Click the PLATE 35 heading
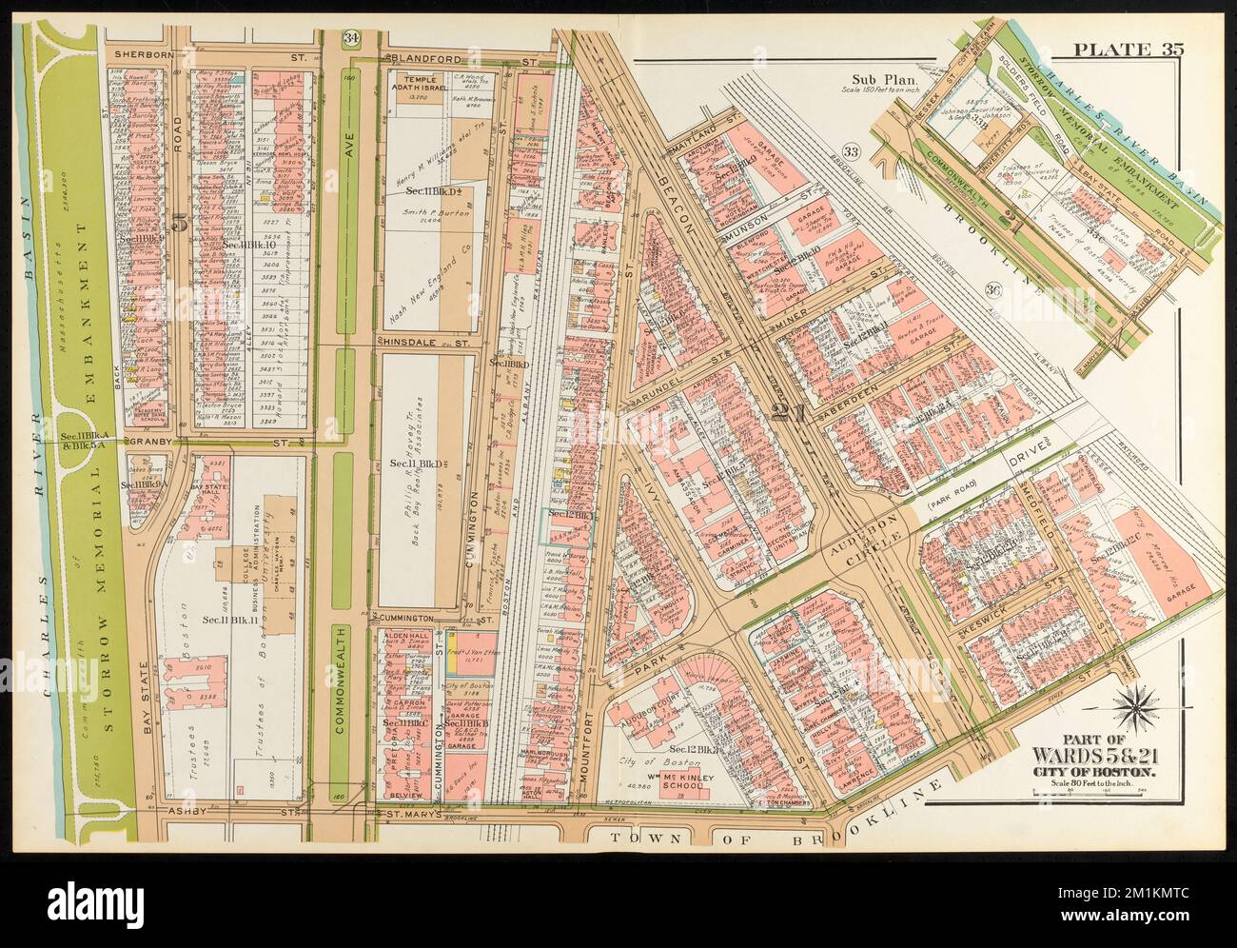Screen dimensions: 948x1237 click(1129, 77)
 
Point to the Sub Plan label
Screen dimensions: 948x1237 click(878, 80)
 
